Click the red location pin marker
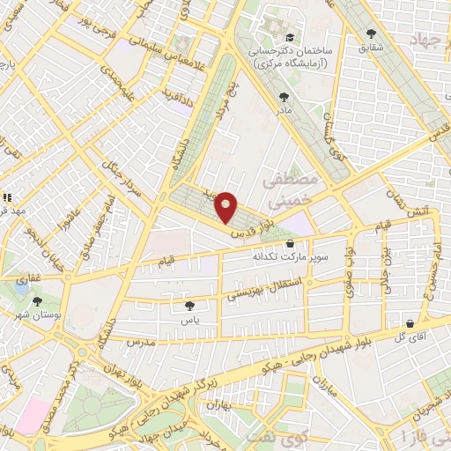pyautogui.click(x=226, y=207)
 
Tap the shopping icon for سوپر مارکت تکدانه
pyautogui.click(x=290, y=244)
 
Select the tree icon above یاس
pyautogui.click(x=189, y=306)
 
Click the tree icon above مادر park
pyautogui.click(x=283, y=98)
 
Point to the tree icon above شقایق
pyautogui.click(x=371, y=34)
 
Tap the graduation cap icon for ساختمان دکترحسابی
pyautogui.click(x=290, y=37)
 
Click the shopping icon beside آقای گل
pyautogui.click(x=408, y=323)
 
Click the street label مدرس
pyautogui.click(x=140, y=340)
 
